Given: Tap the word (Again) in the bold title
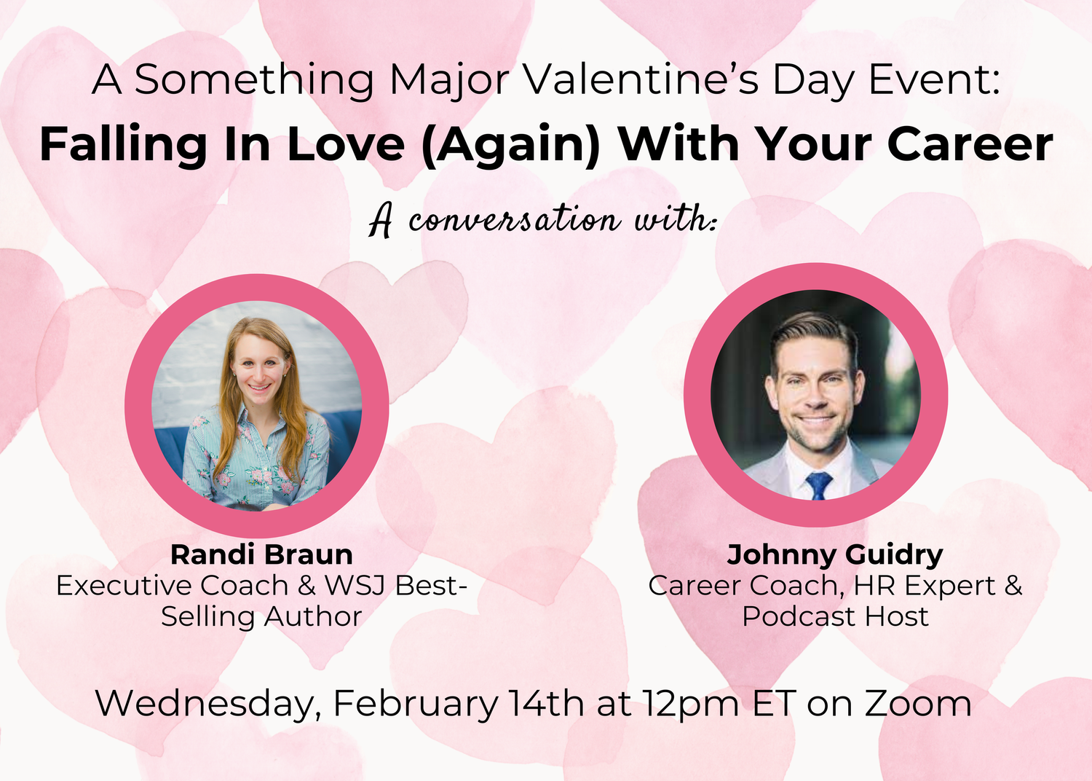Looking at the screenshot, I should coord(510,144).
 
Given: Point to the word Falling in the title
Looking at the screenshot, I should coord(123,145).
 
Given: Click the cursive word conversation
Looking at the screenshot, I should coord(513,219).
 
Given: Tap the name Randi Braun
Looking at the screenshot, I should coord(261,554).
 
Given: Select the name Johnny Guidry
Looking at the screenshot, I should coord(835,554).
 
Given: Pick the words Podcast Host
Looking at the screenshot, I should coord(835,616).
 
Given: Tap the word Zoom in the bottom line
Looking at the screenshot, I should coord(918,703).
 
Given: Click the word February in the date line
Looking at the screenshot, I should coord(416,704).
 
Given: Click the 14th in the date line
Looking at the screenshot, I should coord(546,703).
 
